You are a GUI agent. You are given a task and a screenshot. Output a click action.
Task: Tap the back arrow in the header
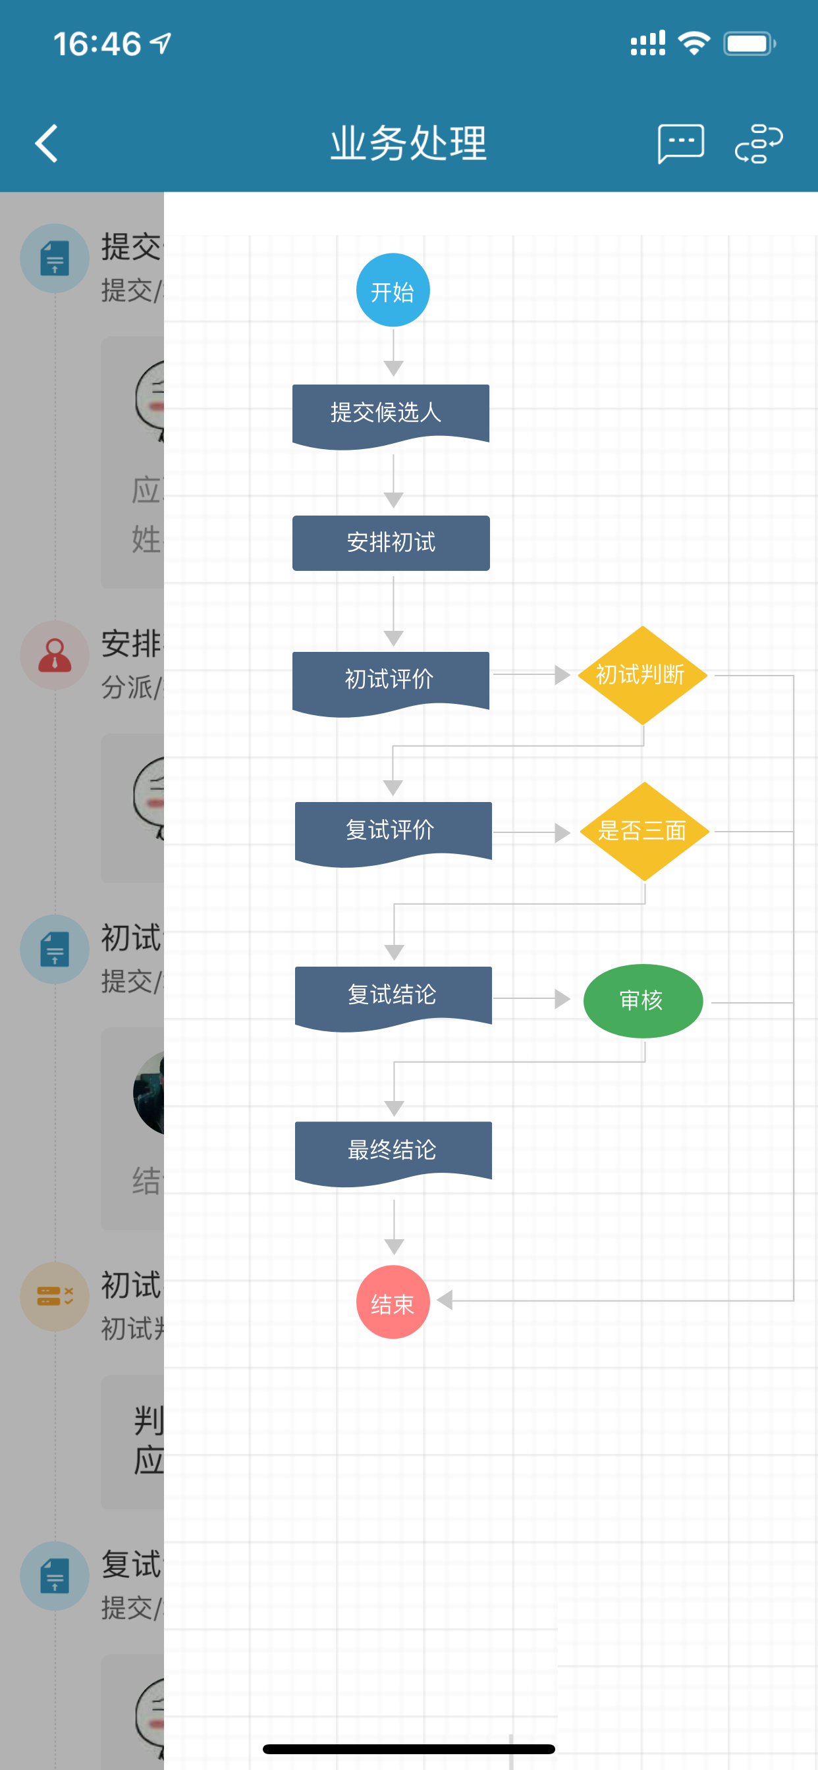click(x=46, y=144)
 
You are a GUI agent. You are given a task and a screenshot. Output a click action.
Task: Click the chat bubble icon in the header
click(x=680, y=144)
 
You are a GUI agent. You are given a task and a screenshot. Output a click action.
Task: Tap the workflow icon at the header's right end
click(x=758, y=144)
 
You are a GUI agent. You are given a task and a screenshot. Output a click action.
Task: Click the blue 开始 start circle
click(x=393, y=290)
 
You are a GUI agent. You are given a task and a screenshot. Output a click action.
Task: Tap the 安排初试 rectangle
click(x=391, y=543)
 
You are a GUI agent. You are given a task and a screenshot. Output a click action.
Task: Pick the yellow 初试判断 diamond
click(x=642, y=675)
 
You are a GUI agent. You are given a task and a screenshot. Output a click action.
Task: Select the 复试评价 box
click(x=393, y=830)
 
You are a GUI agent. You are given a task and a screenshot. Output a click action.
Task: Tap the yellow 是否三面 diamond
click(x=644, y=832)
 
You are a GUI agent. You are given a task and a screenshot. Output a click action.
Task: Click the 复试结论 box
click(x=393, y=995)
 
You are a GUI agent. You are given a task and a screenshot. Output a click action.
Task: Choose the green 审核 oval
click(x=643, y=1000)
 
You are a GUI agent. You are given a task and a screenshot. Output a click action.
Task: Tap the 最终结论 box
click(x=393, y=1150)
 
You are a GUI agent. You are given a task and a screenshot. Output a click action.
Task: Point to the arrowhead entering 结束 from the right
click(x=445, y=1300)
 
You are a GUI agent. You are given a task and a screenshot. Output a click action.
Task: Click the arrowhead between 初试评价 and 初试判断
click(x=562, y=675)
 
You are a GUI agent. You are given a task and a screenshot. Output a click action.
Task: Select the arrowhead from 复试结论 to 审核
click(x=562, y=999)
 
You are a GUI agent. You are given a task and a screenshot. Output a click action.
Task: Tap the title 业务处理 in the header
click(x=409, y=144)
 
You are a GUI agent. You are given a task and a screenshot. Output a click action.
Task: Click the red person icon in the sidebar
click(x=55, y=655)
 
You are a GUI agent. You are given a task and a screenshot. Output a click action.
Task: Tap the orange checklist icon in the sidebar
click(x=55, y=1297)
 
